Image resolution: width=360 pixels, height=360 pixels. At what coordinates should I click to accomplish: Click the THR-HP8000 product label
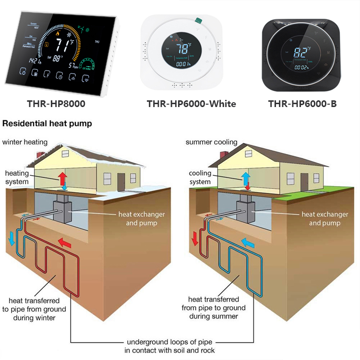[x=57, y=104]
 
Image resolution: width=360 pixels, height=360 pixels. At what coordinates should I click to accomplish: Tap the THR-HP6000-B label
[x=302, y=104]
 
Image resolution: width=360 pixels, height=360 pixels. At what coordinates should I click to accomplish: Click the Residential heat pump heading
[x=47, y=124]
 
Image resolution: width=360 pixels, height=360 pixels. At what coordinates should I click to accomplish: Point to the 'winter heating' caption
[x=25, y=142]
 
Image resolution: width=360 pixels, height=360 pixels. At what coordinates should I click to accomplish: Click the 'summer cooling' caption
[x=212, y=142]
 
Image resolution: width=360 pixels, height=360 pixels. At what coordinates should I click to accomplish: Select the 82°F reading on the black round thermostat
[x=301, y=52]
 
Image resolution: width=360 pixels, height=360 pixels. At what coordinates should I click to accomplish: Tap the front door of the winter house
[x=121, y=181]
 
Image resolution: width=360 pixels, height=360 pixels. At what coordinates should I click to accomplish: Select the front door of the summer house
[x=304, y=181]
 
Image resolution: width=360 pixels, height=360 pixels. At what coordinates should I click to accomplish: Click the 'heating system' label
[x=17, y=177]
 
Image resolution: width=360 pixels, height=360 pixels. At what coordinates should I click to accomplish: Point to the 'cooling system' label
[x=200, y=177]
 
